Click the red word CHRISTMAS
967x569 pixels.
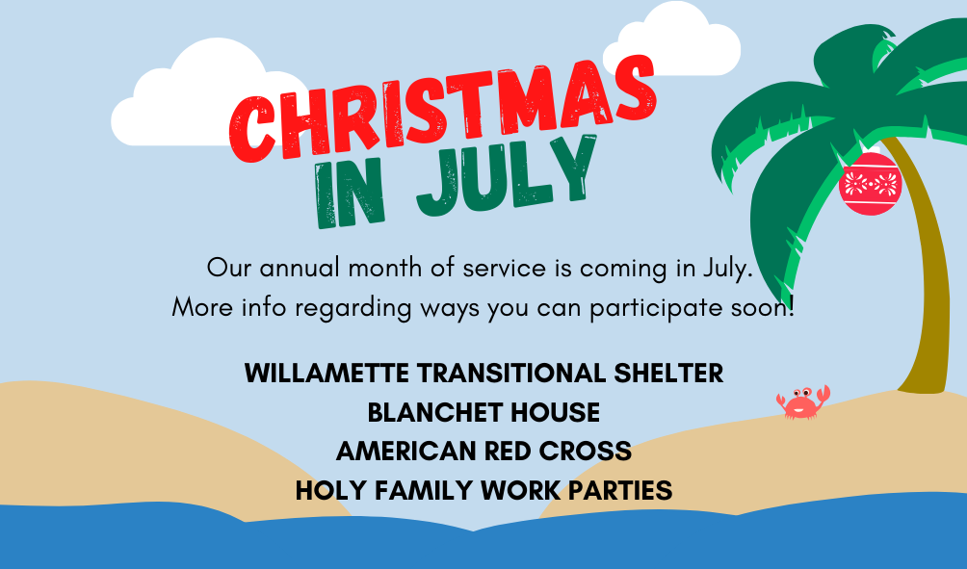441,110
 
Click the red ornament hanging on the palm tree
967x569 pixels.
870,184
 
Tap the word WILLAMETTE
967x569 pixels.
327,374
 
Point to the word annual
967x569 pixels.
300,269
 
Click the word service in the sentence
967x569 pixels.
504,269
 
